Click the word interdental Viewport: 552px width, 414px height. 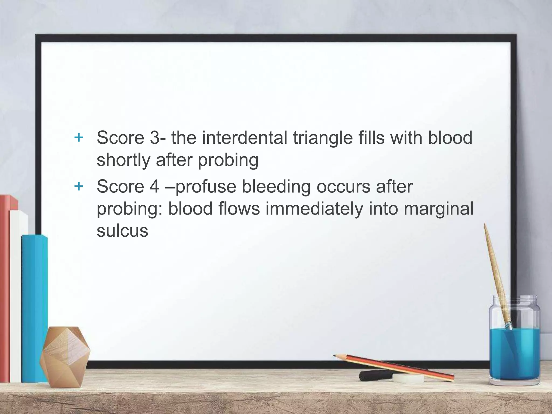[x=244, y=138]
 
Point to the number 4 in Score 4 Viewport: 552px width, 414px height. [x=155, y=187]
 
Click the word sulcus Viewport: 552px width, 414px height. [x=122, y=231]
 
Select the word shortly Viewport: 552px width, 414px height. [x=123, y=160]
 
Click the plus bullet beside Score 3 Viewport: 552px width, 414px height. [x=79, y=138]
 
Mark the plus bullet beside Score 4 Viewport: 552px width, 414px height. [x=79, y=186]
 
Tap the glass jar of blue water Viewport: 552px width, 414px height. [x=514, y=350]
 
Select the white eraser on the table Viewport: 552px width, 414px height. [x=408, y=378]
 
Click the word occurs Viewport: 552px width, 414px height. [x=343, y=187]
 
